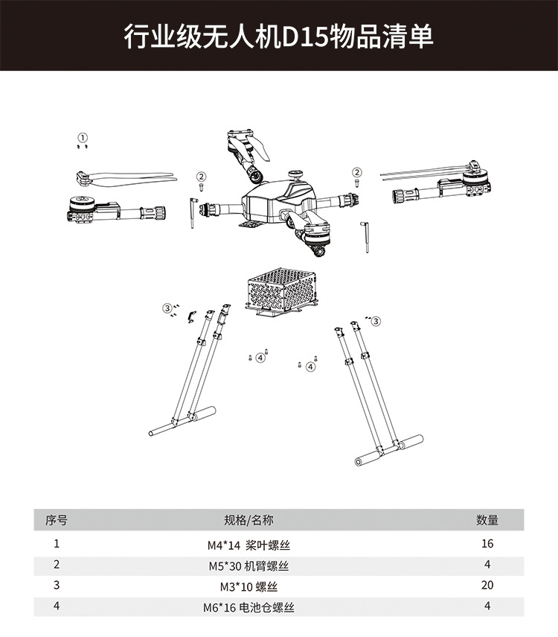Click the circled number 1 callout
point(83,138)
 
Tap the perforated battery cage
point(282,292)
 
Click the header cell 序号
point(57,520)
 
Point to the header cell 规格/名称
point(248,520)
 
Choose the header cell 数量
point(487,520)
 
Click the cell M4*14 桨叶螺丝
point(248,545)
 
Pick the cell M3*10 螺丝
point(248,586)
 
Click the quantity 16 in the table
point(487,544)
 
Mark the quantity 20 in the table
point(487,585)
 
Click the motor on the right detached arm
point(476,179)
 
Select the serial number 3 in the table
point(57,585)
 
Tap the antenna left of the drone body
point(193,213)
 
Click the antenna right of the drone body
point(365,237)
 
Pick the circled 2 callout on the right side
point(356,172)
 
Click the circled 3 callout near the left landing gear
point(167,308)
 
